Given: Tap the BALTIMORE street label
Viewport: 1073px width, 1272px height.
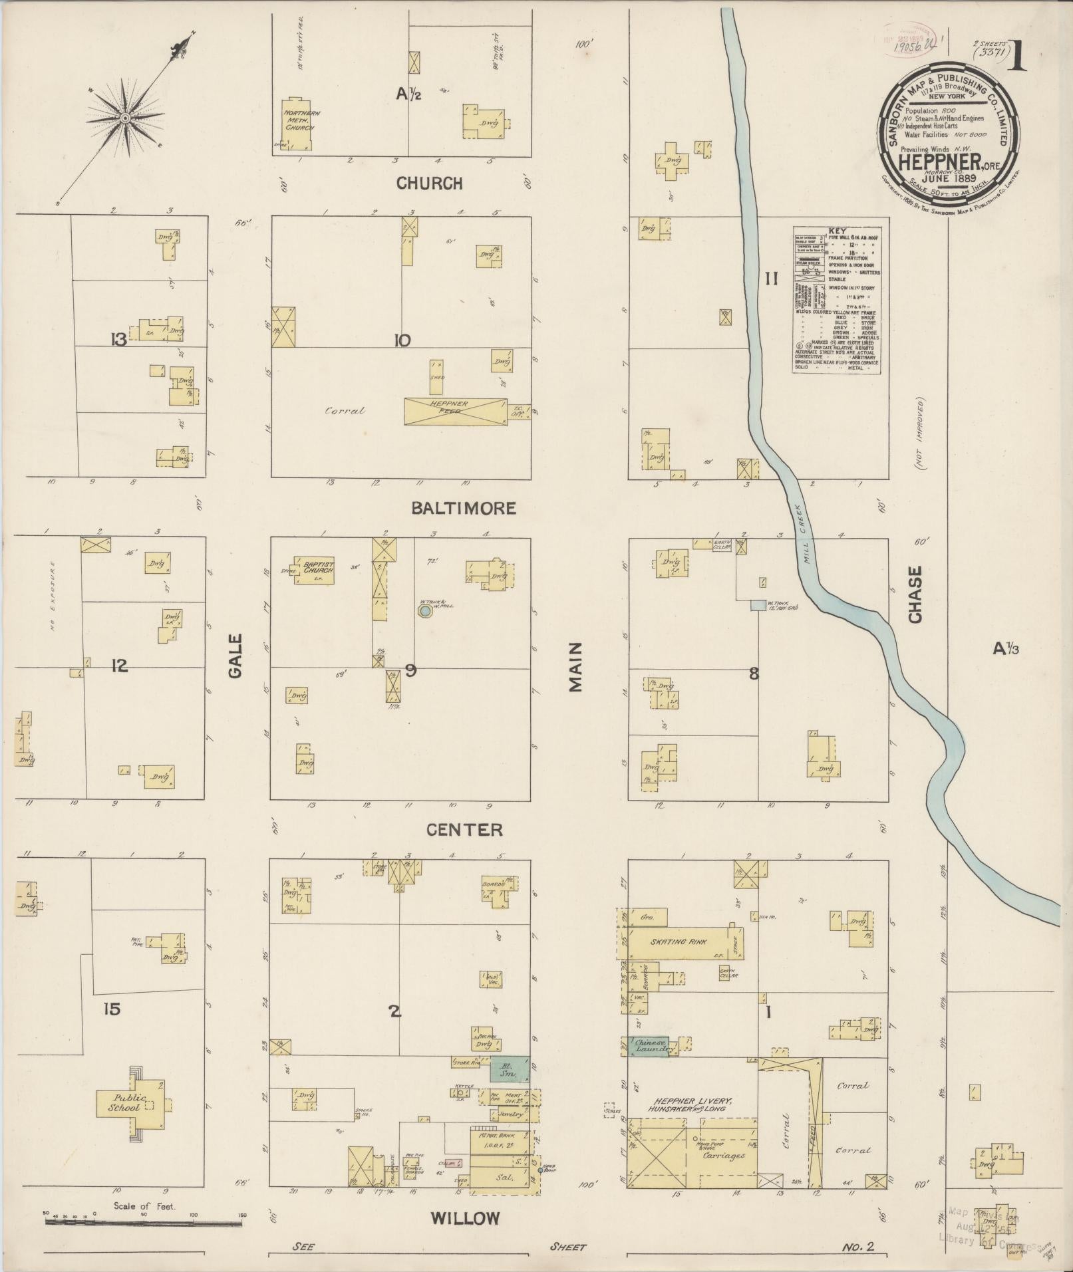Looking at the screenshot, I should (x=463, y=509).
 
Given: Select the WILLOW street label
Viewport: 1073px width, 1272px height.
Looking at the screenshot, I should (x=464, y=1218).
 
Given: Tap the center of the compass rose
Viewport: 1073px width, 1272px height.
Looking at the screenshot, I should (x=124, y=118).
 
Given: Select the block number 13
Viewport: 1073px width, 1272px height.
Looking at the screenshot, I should (x=119, y=340).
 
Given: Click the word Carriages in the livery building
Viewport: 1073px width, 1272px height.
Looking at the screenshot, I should (x=724, y=1156).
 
